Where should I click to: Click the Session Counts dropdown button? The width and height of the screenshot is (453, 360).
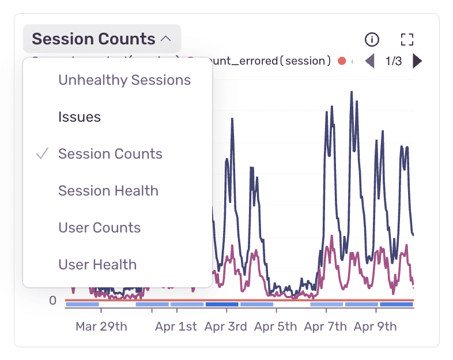pyautogui.click(x=101, y=39)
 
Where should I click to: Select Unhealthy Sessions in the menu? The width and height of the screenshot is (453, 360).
pyautogui.click(x=124, y=80)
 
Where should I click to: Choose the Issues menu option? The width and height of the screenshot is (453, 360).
pyautogui.click(x=80, y=117)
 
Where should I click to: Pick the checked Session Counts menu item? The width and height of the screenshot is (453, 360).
pyautogui.click(x=110, y=154)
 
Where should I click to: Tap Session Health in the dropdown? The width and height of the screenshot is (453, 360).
pyautogui.click(x=108, y=191)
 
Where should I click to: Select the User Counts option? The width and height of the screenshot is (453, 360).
pyautogui.click(x=99, y=228)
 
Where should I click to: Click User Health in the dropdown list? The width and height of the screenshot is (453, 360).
pyautogui.click(x=97, y=265)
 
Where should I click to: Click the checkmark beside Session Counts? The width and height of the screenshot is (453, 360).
pyautogui.click(x=41, y=154)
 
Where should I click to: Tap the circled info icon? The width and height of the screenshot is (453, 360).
pyautogui.click(x=372, y=39)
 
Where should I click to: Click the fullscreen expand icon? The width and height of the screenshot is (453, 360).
pyautogui.click(x=407, y=39)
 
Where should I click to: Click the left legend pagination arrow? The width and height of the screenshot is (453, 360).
pyautogui.click(x=369, y=61)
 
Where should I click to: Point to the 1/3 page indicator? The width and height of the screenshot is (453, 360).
pyautogui.click(x=393, y=61)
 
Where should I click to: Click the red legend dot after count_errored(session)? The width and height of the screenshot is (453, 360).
pyautogui.click(x=342, y=61)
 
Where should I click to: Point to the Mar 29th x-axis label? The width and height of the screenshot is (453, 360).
pyautogui.click(x=101, y=327)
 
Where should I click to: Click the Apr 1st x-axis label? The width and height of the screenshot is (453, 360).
pyautogui.click(x=176, y=327)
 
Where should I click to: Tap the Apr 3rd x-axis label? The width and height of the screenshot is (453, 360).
pyautogui.click(x=226, y=327)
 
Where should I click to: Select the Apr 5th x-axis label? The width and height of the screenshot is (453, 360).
pyautogui.click(x=275, y=327)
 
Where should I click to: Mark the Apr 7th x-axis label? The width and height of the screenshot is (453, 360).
pyautogui.click(x=326, y=327)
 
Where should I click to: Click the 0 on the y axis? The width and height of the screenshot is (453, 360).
pyautogui.click(x=52, y=301)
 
